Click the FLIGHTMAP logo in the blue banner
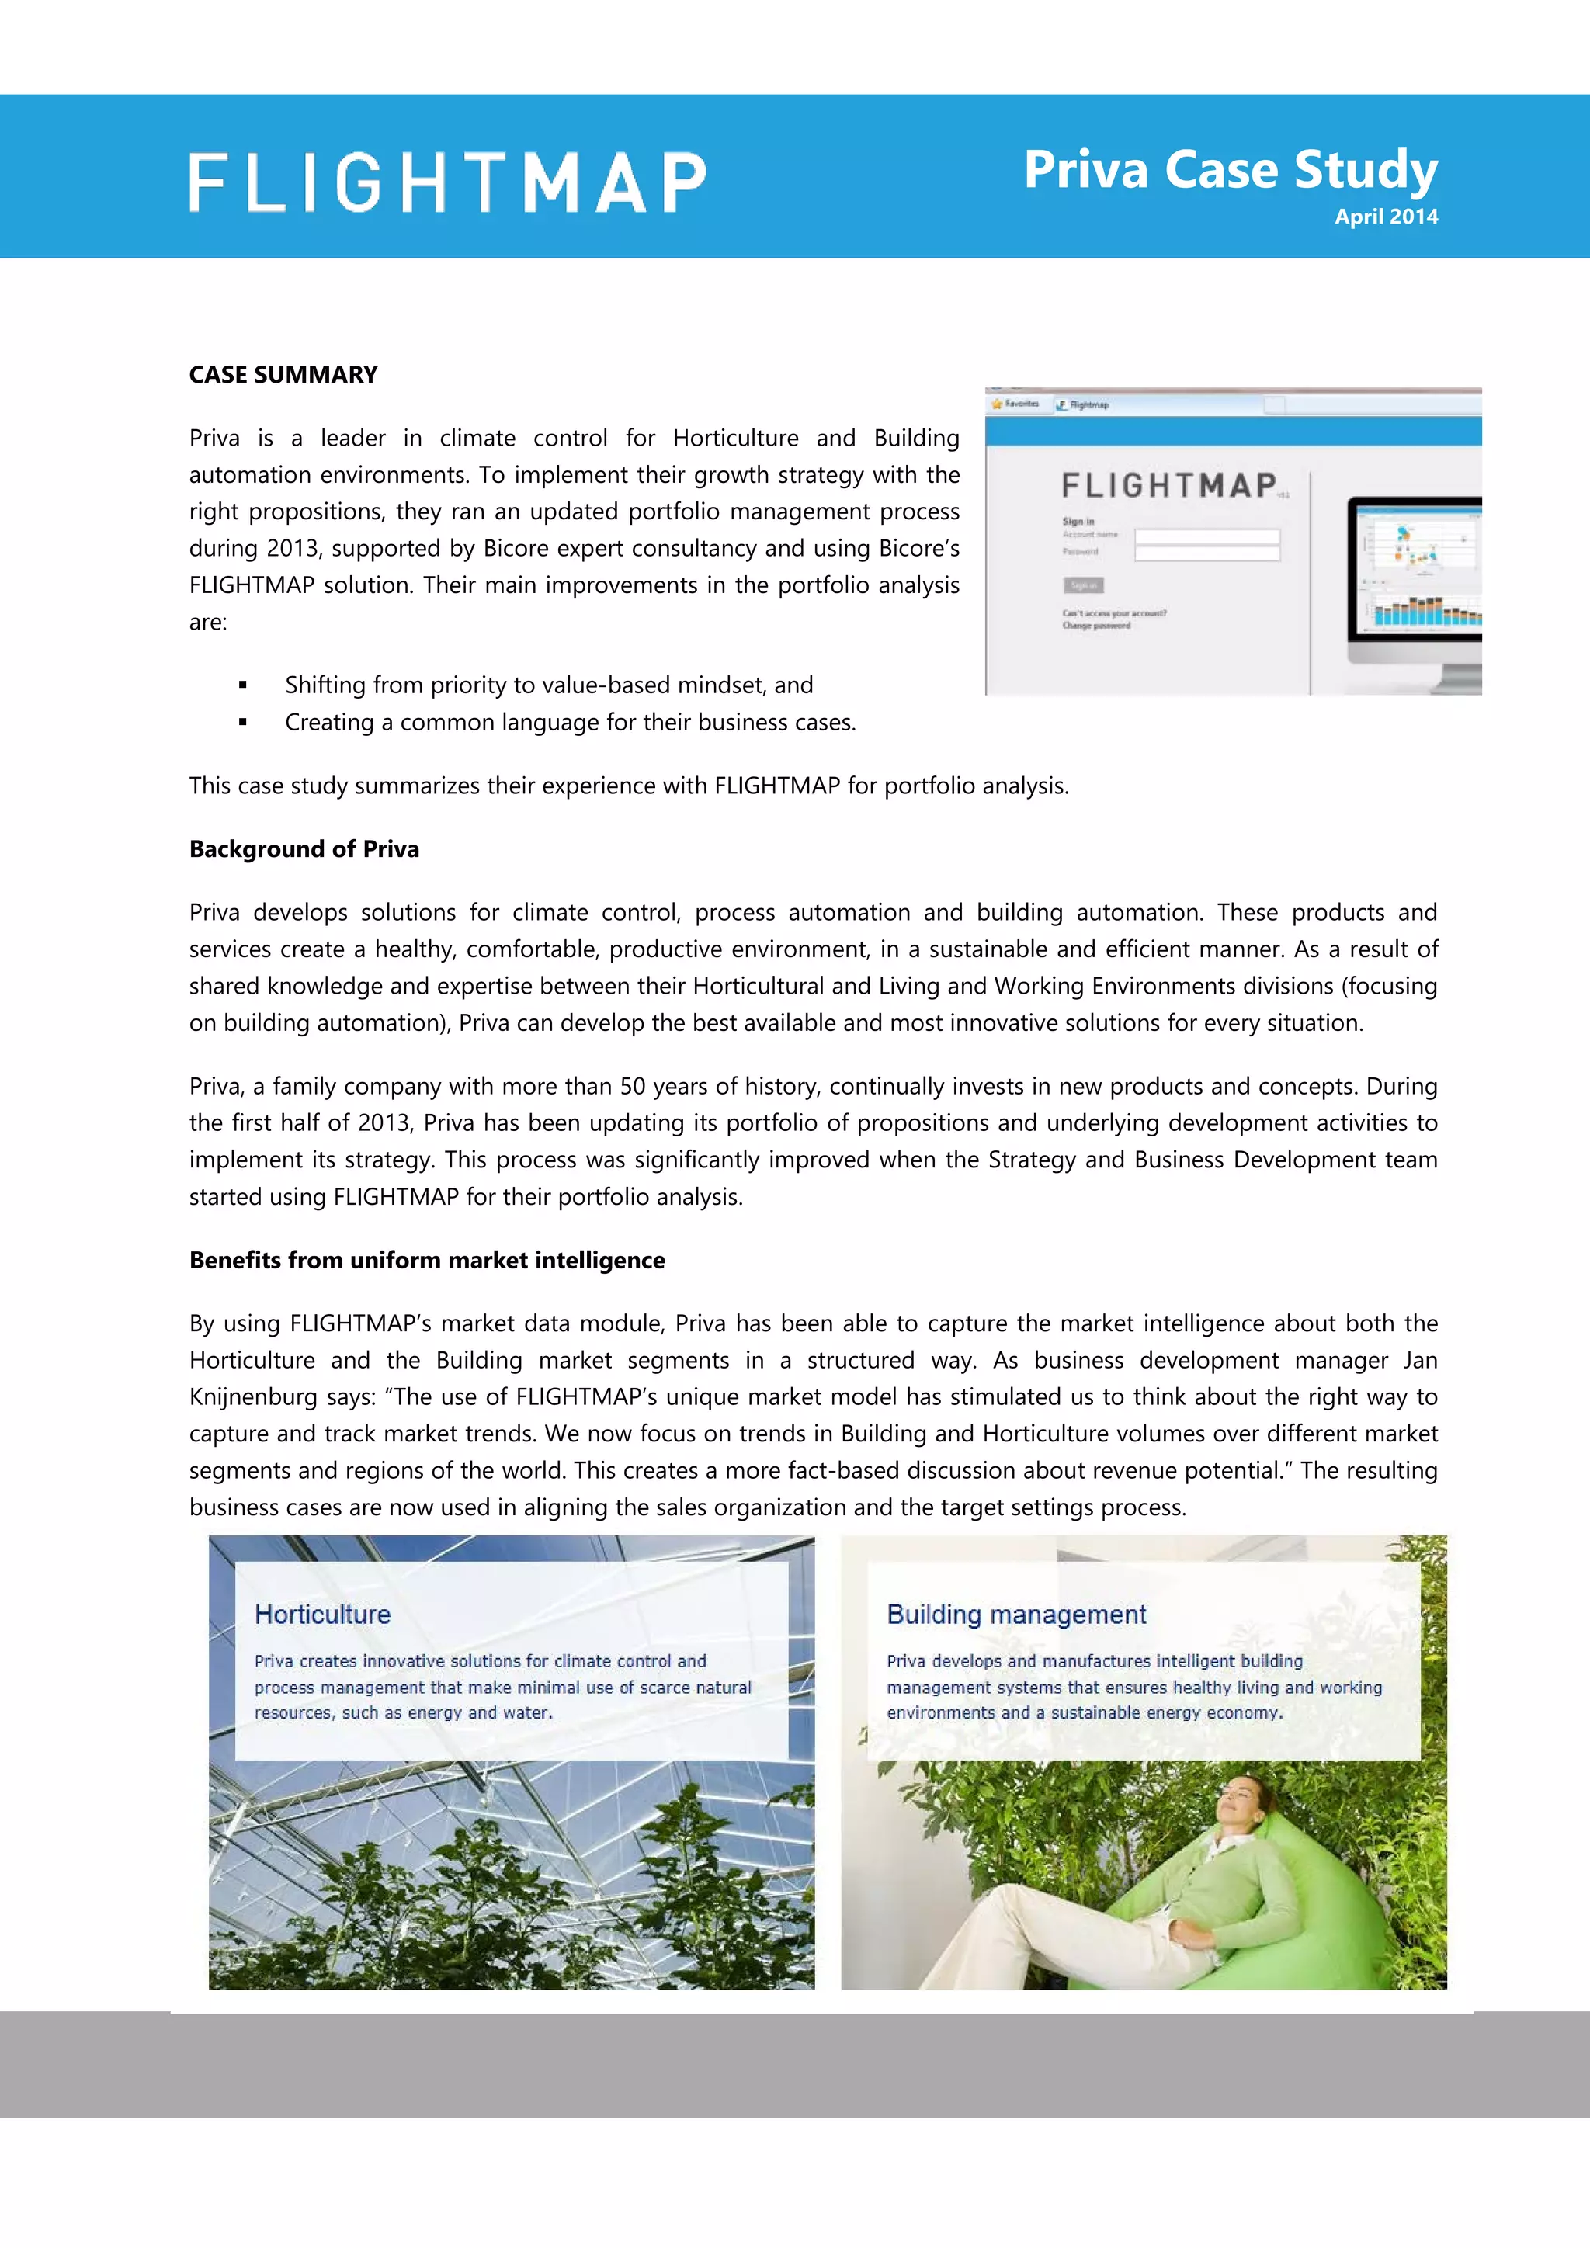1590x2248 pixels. point(447,182)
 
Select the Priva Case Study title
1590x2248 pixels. point(1230,169)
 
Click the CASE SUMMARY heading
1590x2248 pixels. point(283,375)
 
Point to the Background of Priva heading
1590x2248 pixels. point(304,849)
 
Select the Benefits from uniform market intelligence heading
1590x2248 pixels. point(427,1260)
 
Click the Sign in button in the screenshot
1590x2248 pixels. point(1083,585)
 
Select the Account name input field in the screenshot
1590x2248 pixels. point(1206,536)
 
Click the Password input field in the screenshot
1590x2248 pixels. point(1206,554)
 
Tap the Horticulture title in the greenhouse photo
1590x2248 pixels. point(322,1615)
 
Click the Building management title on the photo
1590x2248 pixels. point(1015,1615)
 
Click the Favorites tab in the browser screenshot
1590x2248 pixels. point(1015,404)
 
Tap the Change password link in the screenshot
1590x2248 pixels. point(1095,626)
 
